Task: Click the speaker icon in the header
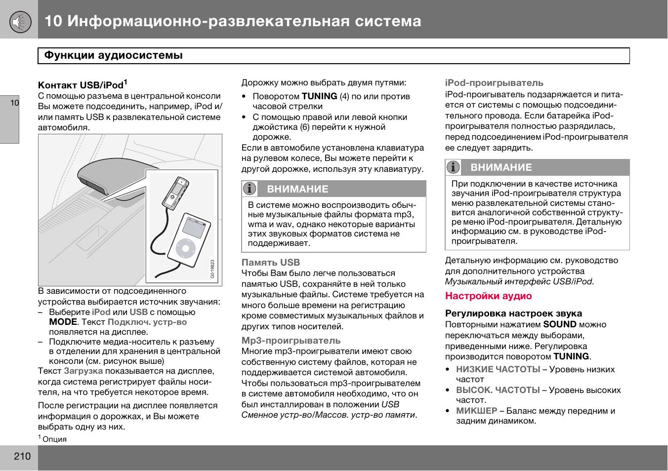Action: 19,21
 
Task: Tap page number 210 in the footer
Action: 22,456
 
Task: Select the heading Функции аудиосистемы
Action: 114,55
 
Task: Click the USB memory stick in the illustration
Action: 175,193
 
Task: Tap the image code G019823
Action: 212,269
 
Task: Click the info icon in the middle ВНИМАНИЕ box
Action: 250,189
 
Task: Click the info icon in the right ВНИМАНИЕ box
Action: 453,167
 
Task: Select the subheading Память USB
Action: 270,263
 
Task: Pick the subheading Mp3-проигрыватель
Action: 291,341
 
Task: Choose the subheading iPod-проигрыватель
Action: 494,83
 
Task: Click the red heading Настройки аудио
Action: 488,296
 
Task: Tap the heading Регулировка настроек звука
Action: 513,314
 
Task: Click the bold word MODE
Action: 62,322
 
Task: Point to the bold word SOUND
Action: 560,324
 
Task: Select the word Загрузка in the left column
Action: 83,371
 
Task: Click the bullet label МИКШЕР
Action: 476,411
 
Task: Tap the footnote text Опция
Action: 54,439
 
